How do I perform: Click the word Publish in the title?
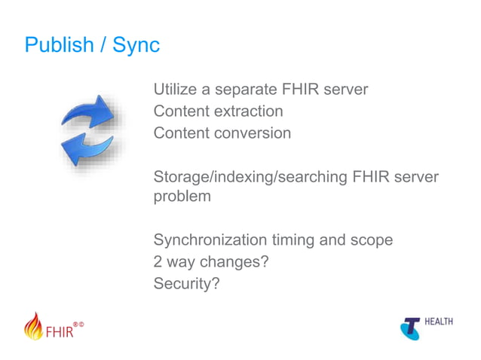coord(57,44)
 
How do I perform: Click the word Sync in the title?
coord(136,44)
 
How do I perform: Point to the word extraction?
coord(248,111)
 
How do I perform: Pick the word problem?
coord(182,197)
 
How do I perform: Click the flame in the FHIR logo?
coord(34,326)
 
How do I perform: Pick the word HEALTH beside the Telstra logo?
coord(439,322)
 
